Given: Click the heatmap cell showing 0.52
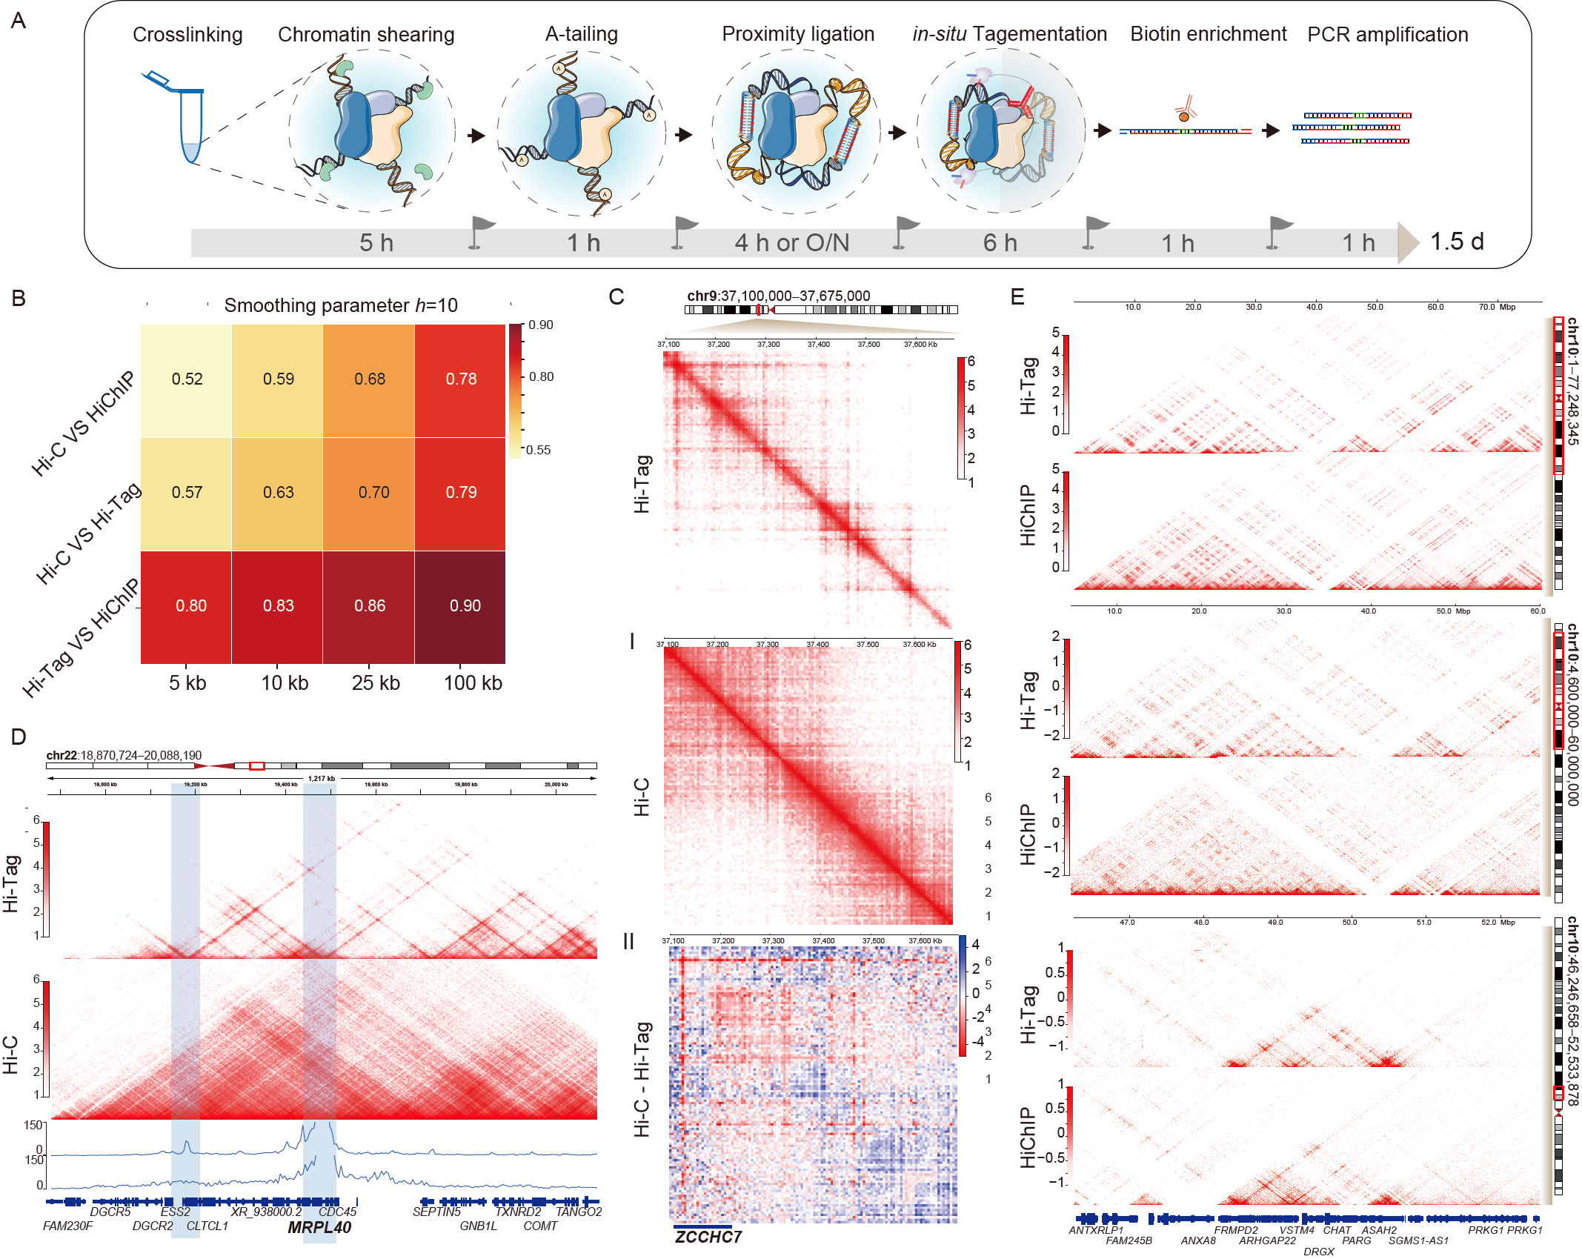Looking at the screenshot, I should click(x=187, y=379).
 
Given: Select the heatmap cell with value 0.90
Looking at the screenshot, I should click(x=465, y=605).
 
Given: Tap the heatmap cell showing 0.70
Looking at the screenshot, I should click(x=373, y=492).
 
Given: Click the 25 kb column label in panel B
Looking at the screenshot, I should click(x=375, y=682).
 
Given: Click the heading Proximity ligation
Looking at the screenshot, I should click(x=797, y=34).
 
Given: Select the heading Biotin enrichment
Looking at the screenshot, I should click(x=1208, y=34).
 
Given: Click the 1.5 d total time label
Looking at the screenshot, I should click(x=1456, y=242).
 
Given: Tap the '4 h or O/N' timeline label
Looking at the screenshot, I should click(x=791, y=242).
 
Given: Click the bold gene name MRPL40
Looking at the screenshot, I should click(x=319, y=1227).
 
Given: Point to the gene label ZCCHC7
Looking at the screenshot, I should click(x=708, y=1237).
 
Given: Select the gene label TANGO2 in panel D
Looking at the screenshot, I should click(x=578, y=1212).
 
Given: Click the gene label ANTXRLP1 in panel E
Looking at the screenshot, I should click(x=1095, y=1230).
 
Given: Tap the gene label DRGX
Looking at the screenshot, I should click(x=1318, y=1251).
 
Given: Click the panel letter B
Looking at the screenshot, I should click(x=19, y=298).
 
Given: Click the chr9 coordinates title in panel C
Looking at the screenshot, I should click(x=778, y=296).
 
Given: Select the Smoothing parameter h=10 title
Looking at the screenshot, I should click(x=340, y=305).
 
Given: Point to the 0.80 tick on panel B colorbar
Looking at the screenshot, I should click(x=541, y=376).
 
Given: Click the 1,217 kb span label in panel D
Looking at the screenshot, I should click(x=322, y=778).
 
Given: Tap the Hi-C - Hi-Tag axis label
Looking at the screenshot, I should click(x=642, y=1079).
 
